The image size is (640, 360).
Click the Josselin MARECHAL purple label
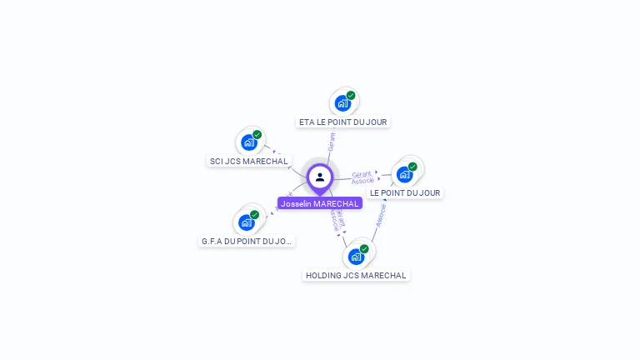[x=320, y=203]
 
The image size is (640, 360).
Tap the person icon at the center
[x=320, y=177]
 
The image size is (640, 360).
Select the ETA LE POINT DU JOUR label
[x=343, y=122]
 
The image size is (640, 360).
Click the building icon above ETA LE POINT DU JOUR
[x=342, y=103]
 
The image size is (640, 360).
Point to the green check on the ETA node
[x=351, y=95]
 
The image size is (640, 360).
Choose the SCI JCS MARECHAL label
[x=248, y=161]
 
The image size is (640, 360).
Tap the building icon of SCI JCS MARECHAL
[x=248, y=142]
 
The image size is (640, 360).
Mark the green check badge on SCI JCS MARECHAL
[x=257, y=134]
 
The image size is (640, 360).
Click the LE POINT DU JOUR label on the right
[x=405, y=192]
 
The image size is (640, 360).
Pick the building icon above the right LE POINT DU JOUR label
[x=404, y=174]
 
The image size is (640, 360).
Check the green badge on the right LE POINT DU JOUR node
[x=412, y=167]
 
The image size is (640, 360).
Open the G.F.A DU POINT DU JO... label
[x=247, y=241]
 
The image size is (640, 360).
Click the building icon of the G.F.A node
[x=246, y=222]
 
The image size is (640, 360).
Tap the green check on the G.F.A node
[x=255, y=214]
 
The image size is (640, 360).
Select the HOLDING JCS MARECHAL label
[x=356, y=275]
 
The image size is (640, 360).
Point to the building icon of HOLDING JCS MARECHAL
[x=356, y=257]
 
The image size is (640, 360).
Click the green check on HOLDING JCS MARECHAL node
[x=364, y=248]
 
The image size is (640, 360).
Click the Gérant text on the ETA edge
[x=332, y=141]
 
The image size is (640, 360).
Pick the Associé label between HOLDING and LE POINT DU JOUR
[x=381, y=215]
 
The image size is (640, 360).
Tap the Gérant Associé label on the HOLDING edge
[x=337, y=218]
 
